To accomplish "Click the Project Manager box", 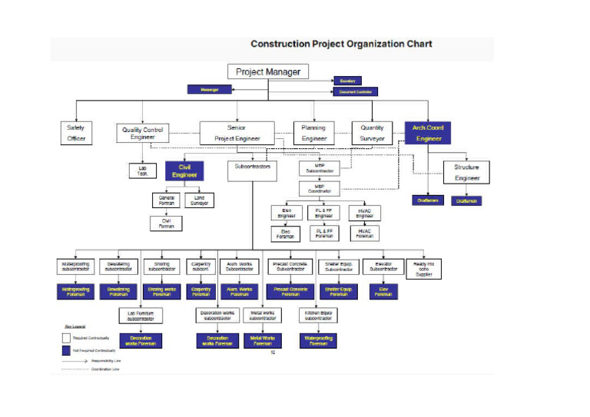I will pos(269,71).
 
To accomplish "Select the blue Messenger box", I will pos(210,90).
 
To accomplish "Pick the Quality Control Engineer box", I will pos(143,134).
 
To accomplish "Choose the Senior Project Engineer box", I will pos(237,133).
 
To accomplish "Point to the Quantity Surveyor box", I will pos(372,133).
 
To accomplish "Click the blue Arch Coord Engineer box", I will pos(428,133).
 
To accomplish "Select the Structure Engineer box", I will pos(466,172).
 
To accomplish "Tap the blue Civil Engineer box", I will pos(184,170).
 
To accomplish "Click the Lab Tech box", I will pos(143,171).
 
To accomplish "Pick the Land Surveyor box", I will pos(200,200).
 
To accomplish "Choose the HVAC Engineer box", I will pos(364,213).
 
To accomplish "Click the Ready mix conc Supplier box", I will pos(425,268).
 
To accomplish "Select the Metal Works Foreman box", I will pos(264,341).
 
